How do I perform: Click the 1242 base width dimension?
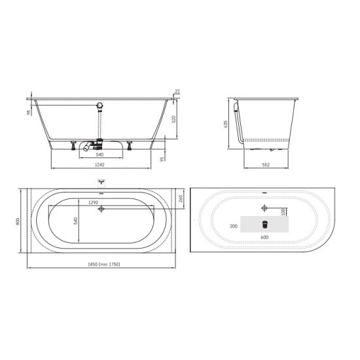(x=99, y=164)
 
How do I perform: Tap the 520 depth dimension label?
(x=174, y=119)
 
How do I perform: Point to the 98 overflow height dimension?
(x=29, y=113)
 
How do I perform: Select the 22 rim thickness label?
(x=177, y=91)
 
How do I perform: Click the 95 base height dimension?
(x=162, y=159)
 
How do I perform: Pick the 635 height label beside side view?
(x=226, y=124)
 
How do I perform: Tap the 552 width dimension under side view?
(x=266, y=164)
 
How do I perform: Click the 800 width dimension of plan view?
(x=18, y=221)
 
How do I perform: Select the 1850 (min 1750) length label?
(x=104, y=264)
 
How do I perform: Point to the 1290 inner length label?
(x=93, y=202)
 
